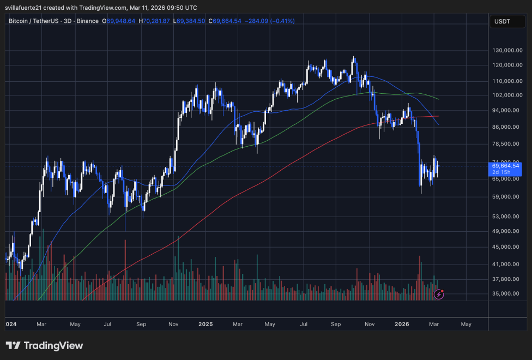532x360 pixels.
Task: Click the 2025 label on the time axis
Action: click(205, 324)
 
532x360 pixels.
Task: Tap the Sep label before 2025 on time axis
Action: click(141, 324)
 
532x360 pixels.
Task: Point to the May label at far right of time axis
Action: click(466, 324)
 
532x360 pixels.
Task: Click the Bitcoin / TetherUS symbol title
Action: click(39, 21)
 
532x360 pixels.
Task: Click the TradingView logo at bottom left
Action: click(45, 346)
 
